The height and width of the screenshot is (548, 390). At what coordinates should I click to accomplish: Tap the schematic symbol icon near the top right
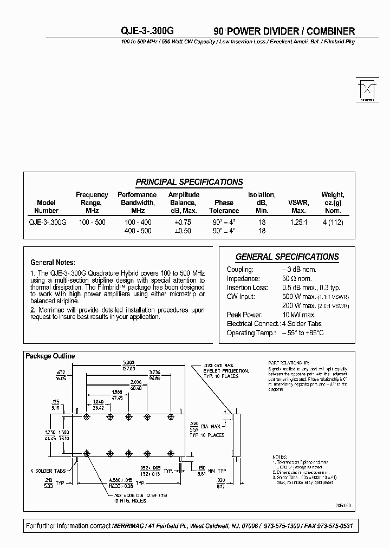[367, 89]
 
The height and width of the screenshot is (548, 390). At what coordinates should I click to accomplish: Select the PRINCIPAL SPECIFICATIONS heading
[189, 182]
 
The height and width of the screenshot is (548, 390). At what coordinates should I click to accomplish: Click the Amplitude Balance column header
[184, 203]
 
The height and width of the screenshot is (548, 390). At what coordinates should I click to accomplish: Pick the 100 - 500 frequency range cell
[92, 222]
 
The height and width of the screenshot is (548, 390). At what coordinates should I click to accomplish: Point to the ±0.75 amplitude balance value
[184, 222]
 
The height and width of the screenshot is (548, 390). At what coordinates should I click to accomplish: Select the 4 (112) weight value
[333, 222]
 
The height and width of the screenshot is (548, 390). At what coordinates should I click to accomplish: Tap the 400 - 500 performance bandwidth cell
[138, 231]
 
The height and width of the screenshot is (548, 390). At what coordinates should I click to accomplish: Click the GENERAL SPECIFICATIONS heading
[287, 257]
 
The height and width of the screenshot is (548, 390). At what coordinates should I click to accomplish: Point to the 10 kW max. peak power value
[299, 315]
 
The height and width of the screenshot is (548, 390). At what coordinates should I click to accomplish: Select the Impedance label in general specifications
[243, 278]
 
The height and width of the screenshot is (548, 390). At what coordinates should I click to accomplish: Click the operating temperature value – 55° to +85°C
[303, 332]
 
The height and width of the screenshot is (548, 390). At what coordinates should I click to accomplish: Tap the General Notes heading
[53, 262]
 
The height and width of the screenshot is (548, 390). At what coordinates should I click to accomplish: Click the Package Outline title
[50, 356]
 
